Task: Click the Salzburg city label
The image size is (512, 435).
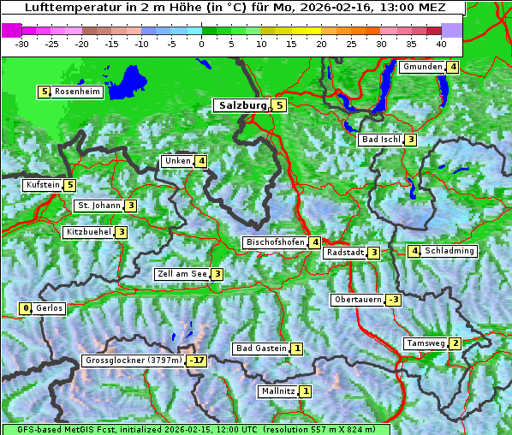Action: click(x=243, y=105)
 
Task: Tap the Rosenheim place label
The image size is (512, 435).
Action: click(x=77, y=92)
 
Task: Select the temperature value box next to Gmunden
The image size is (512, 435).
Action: click(x=453, y=67)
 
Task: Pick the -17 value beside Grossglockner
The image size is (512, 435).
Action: click(x=198, y=361)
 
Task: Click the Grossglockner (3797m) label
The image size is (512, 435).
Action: click(x=134, y=361)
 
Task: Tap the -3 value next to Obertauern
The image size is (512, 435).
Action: click(x=393, y=300)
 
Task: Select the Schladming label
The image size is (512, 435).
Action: click(x=449, y=251)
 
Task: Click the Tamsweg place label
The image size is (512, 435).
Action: click(x=426, y=343)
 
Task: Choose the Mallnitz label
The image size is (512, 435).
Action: click(x=277, y=391)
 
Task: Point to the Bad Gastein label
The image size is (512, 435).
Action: click(x=261, y=349)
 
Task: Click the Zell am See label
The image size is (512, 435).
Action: click(x=182, y=274)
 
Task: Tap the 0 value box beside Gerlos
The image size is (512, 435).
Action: click(x=26, y=308)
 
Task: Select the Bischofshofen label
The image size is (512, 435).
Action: click(x=275, y=242)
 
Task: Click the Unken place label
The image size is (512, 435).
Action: click(x=177, y=161)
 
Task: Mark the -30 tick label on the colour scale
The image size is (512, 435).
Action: click(x=22, y=44)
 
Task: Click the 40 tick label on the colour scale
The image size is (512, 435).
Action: click(x=441, y=44)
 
